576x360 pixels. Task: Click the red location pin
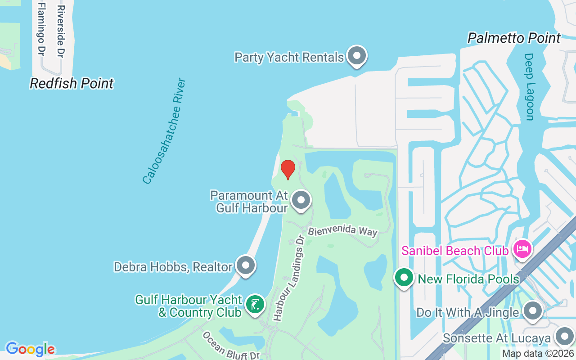coord(288,169)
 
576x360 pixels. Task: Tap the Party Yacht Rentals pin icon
coord(357,56)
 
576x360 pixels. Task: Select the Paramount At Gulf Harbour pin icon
coord(301,201)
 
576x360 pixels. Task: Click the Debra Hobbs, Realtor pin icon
coord(246,265)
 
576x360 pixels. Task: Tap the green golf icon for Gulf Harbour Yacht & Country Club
coord(255,305)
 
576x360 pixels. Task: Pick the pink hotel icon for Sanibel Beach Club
coord(522,248)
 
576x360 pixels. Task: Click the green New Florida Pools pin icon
coord(404,278)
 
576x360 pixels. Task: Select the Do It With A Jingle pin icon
coord(533,311)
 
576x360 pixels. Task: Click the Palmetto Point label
coord(514,38)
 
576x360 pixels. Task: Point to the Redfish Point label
coord(72,83)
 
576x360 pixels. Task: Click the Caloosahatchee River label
coord(164,131)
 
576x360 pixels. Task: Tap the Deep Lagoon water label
coord(529,87)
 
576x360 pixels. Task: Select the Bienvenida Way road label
coord(342,230)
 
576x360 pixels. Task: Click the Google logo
coord(30,349)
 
